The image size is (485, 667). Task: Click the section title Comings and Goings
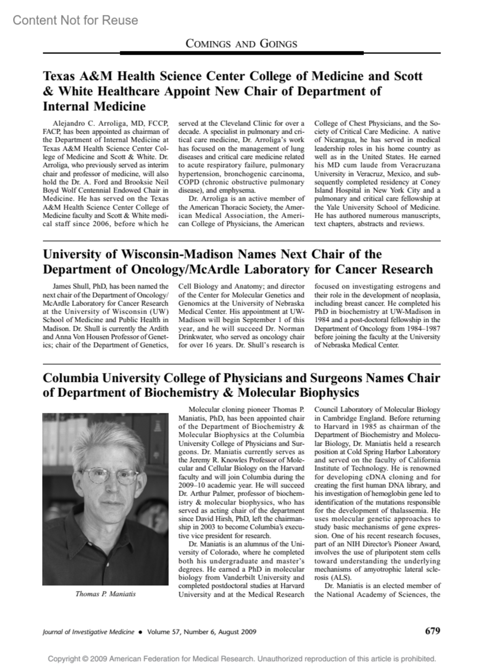(x=241, y=44)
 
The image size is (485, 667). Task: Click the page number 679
(x=432, y=631)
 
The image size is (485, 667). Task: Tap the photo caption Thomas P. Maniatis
(x=105, y=594)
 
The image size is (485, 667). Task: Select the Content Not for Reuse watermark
(x=75, y=20)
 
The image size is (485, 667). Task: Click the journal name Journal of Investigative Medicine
(x=88, y=632)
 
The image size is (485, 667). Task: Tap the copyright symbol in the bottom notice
(x=85, y=659)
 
